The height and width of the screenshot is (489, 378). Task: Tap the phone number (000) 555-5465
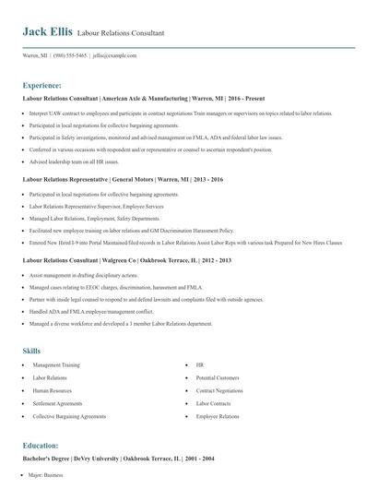point(71,55)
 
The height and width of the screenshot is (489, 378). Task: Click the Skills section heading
point(31,351)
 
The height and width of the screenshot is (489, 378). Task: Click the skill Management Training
point(58,365)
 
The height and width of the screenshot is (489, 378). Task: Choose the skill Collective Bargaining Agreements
point(70,417)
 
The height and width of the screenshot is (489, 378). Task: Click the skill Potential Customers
point(218,378)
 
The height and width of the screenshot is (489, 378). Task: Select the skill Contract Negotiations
point(219,391)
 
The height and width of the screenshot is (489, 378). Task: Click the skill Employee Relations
point(217,417)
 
